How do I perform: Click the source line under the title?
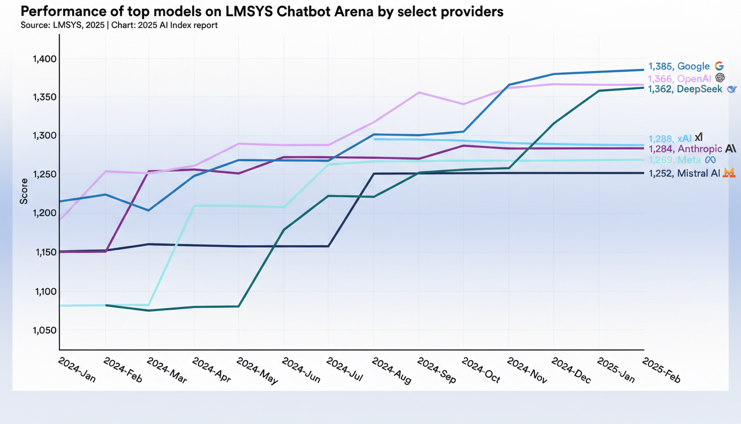[119, 25]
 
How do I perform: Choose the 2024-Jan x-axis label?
[77, 370]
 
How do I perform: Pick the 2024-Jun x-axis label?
[300, 370]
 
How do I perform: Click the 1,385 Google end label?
[679, 66]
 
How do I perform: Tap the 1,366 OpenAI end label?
[679, 78]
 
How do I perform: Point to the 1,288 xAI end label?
[669, 139]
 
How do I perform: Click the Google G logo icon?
[718, 66]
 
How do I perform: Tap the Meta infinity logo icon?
[710, 160]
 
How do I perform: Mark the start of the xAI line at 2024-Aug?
[374, 139]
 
